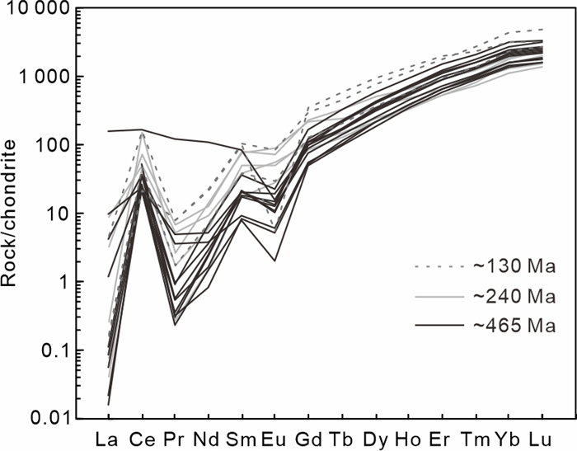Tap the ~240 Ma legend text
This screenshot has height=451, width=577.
click(x=515, y=297)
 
